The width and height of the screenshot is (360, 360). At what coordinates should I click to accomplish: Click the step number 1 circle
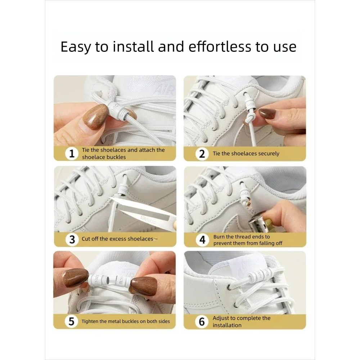point(72,154)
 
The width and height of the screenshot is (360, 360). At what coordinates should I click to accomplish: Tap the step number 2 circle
point(202,154)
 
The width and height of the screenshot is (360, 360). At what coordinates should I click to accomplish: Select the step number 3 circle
point(72,239)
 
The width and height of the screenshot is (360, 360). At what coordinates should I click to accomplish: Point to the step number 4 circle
point(202,240)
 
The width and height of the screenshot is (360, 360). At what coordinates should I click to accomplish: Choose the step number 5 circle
point(71,321)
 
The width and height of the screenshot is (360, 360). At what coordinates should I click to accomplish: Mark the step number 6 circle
point(202,321)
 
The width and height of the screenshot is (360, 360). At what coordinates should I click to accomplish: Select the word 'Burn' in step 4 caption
point(219,237)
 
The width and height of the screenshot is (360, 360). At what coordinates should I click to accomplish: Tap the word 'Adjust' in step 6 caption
point(221,318)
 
